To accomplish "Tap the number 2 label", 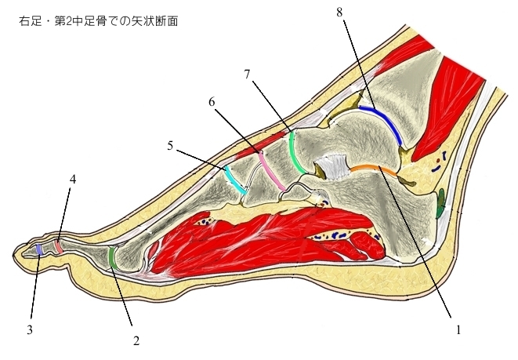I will (x=136, y=341).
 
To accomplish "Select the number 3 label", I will (x=30, y=329).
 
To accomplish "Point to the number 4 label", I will (x=72, y=180).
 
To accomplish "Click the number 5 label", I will (x=171, y=145).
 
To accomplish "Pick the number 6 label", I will (x=212, y=102).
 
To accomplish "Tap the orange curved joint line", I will (x=372, y=166).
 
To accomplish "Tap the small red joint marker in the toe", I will (x=60, y=246).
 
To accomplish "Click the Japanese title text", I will (x=98, y=21).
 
